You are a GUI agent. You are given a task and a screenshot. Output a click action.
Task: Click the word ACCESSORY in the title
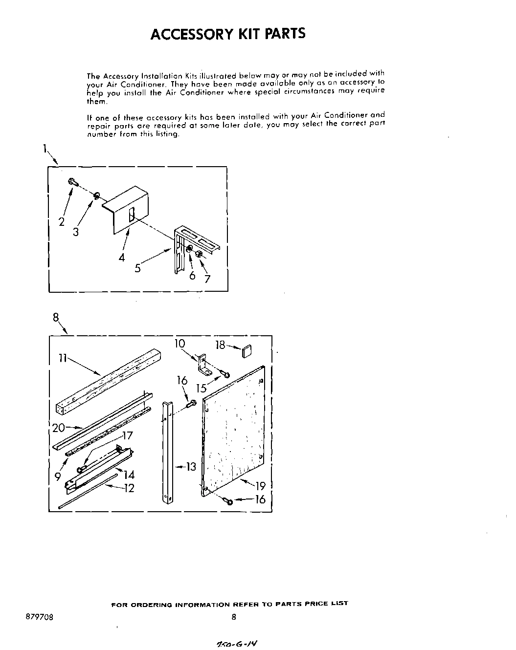coord(189,34)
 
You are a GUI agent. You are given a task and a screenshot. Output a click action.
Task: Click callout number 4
coord(121,257)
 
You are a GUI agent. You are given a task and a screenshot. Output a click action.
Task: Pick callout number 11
coord(62,358)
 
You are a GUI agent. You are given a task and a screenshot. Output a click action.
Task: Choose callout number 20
coord(59,428)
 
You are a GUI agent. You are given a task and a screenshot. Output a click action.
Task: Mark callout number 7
coord(207,279)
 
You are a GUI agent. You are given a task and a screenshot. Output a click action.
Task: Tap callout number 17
coord(127,435)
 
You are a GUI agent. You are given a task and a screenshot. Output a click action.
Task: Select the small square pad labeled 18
coord(246,350)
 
